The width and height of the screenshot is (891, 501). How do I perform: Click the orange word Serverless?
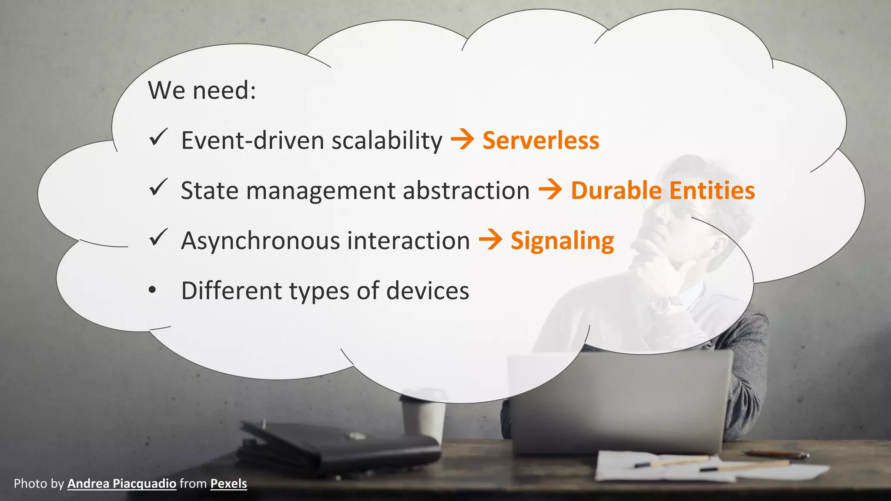541,140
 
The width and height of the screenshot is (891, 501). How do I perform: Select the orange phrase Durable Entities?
663,190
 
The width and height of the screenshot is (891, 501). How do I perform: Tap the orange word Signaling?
562,241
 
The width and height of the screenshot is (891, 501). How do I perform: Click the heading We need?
202,90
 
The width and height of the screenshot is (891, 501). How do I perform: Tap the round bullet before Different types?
152,290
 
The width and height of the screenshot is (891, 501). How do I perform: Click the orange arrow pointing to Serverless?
462,140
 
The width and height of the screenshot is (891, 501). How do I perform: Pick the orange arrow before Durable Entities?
550,190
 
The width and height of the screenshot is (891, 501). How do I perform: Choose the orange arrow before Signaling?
490,240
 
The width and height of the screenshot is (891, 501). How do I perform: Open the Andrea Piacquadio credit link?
122,484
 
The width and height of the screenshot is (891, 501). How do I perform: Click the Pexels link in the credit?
228,484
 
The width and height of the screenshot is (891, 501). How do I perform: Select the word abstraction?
466,190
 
